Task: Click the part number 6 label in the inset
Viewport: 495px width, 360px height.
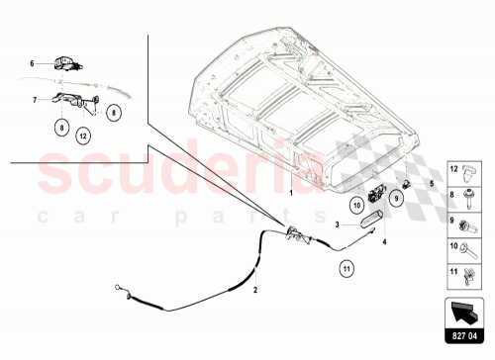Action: (31, 62)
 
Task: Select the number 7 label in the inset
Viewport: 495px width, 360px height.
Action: (34, 100)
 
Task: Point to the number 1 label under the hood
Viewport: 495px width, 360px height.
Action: (291, 194)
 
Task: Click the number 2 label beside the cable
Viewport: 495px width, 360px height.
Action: (255, 290)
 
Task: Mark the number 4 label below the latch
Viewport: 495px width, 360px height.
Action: (384, 240)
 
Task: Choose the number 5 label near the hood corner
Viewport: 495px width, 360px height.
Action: (432, 183)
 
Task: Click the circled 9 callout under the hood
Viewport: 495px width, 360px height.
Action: (395, 199)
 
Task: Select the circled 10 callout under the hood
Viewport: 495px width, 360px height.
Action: (357, 205)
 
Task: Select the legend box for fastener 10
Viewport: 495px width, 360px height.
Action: (468, 248)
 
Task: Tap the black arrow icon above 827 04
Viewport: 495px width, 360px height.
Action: (468, 312)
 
